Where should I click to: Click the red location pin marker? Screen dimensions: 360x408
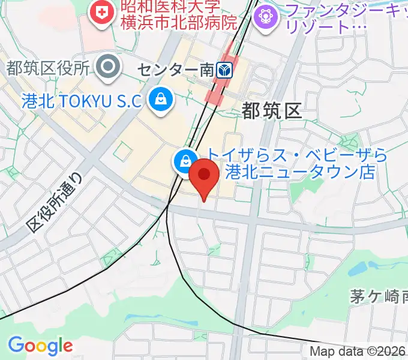[x=205, y=176]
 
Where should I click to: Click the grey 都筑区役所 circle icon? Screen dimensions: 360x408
[x=109, y=67]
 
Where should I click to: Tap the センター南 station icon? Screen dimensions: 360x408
[x=226, y=70]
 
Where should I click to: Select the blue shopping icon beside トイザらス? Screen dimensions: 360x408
[x=184, y=160]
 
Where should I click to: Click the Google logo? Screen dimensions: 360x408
[x=40, y=346]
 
